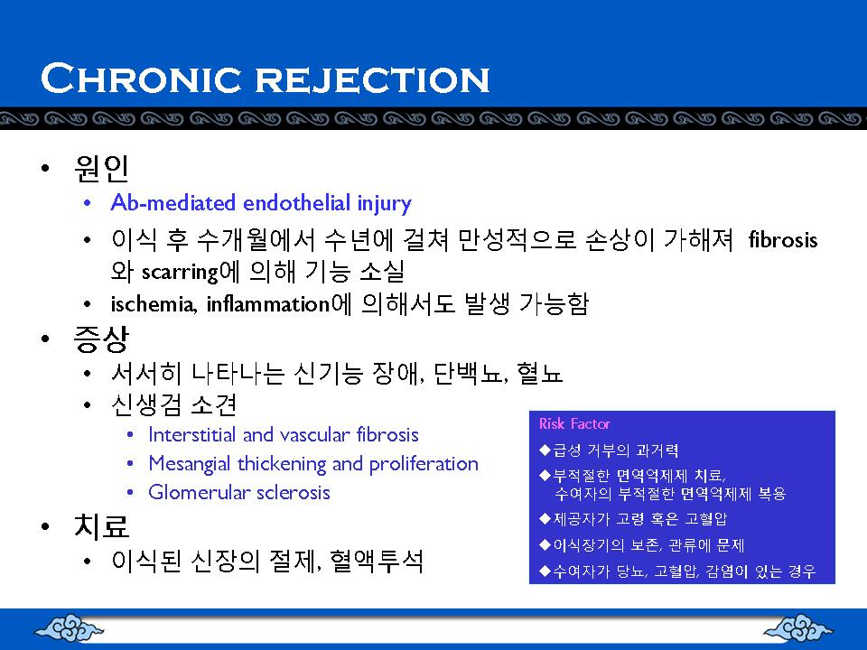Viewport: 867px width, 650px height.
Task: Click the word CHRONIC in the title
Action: [141, 78]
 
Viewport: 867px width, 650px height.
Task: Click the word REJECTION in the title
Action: [372, 79]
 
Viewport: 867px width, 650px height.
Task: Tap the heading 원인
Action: [101, 168]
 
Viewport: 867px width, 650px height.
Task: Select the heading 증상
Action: [101, 339]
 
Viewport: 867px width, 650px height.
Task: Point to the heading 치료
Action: [101, 525]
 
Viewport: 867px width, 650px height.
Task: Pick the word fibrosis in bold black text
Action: [783, 240]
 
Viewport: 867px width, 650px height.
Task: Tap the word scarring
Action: [180, 272]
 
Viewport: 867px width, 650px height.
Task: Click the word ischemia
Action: [154, 304]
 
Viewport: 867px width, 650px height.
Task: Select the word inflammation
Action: [268, 304]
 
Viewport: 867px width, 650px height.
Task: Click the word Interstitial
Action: [193, 434]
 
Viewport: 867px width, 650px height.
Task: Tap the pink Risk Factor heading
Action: [574, 424]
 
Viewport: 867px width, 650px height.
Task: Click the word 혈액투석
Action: [376, 561]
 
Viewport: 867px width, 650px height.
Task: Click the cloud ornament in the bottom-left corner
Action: [69, 628]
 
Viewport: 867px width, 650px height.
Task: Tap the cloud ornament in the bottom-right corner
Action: [797, 628]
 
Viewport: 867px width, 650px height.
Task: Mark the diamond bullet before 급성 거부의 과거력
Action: [545, 450]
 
